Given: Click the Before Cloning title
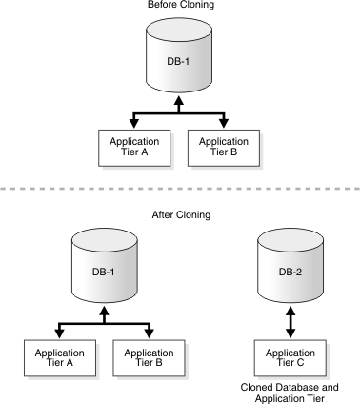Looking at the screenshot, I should coord(180,5).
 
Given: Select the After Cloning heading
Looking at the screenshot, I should coord(180,215).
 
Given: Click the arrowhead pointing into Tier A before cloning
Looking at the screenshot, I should coord(131,123).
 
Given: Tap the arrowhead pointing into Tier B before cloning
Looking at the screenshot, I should coord(225,123).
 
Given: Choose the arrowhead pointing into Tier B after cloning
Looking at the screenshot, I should coord(150,333).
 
